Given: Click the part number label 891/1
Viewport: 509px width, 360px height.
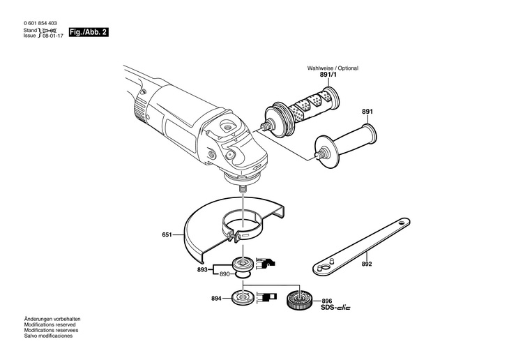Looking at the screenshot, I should (x=318, y=75).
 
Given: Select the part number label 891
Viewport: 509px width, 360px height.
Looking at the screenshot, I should (x=367, y=112).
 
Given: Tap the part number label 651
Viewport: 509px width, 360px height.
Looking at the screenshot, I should (x=167, y=236).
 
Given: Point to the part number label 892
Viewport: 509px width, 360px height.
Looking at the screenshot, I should (x=367, y=264).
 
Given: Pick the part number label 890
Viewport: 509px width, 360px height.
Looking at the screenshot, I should (x=224, y=274).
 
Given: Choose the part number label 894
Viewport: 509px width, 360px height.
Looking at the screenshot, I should (x=216, y=299).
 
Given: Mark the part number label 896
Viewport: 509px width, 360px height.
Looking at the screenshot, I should (x=326, y=301).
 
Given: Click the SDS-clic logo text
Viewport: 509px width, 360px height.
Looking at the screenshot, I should (x=337, y=308).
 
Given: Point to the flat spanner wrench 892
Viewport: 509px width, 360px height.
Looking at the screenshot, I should (x=356, y=246).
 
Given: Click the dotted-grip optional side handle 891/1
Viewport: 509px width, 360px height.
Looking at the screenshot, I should (x=300, y=109).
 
